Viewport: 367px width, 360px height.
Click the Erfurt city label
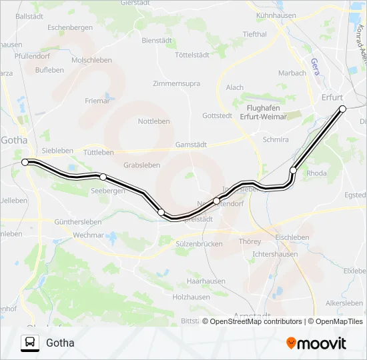click(332, 97)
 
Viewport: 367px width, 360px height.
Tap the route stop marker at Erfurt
click(343, 109)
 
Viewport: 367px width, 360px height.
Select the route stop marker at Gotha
click(25, 162)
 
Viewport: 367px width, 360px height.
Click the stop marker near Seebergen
click(103, 177)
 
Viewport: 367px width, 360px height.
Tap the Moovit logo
click(316, 343)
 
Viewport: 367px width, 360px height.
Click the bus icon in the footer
click(30, 343)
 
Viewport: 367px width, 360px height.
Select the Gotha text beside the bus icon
click(60, 343)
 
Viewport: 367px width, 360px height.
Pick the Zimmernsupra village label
click(176, 84)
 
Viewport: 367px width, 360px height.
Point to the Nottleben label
click(153, 121)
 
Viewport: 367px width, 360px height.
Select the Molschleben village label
click(91, 60)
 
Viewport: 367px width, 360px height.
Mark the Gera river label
click(314, 66)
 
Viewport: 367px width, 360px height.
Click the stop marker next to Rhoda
click(293, 171)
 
